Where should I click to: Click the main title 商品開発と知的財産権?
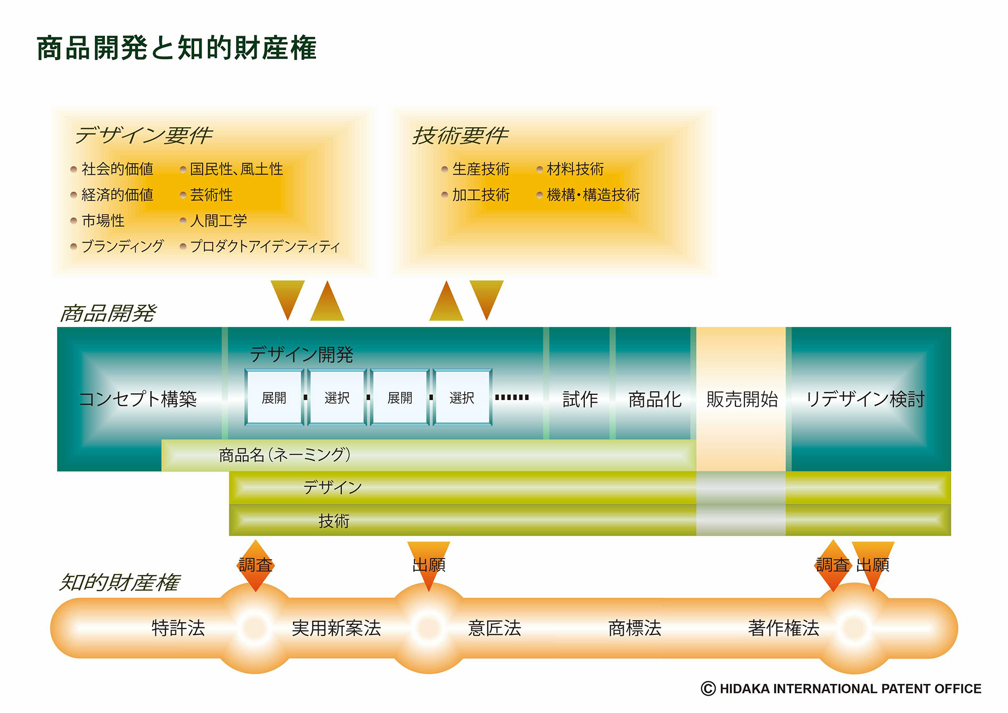pos(177,48)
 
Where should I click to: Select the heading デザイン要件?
pos(143,135)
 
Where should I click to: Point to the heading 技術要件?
pos(460,135)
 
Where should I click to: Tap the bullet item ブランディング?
pos(122,246)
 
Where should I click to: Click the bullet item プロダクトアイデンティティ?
pos(265,246)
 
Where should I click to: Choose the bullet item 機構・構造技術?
pos(593,195)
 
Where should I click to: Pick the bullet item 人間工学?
pos(218,221)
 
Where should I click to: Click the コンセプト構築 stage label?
pos(138,399)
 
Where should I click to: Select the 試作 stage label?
pos(580,399)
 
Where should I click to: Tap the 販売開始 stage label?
pos(742,399)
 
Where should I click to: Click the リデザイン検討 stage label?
pos(865,399)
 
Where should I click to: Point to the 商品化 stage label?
pos(655,400)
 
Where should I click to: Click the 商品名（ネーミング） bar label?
pos(285,455)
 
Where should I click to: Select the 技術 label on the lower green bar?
pos(334,521)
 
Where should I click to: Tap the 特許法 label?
pos(178,628)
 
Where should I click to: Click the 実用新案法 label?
pos(336,628)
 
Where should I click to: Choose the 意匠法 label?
pos(494,628)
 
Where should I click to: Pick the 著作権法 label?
pos(783,628)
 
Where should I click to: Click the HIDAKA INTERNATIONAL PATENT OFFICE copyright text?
pos(841,689)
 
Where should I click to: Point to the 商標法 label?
pos(635,628)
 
